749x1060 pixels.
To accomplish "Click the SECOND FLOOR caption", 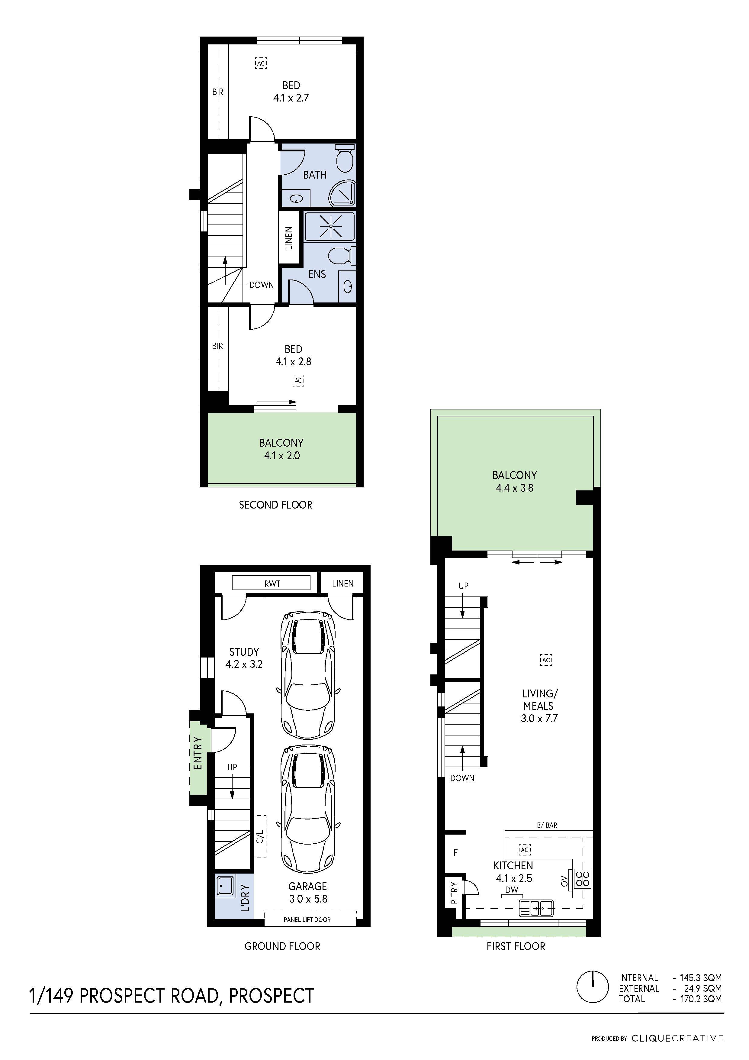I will click(x=275, y=505).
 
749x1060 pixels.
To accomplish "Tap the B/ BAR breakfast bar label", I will click(x=547, y=825).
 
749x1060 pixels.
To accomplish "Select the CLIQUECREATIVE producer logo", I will click(x=677, y=1038).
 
